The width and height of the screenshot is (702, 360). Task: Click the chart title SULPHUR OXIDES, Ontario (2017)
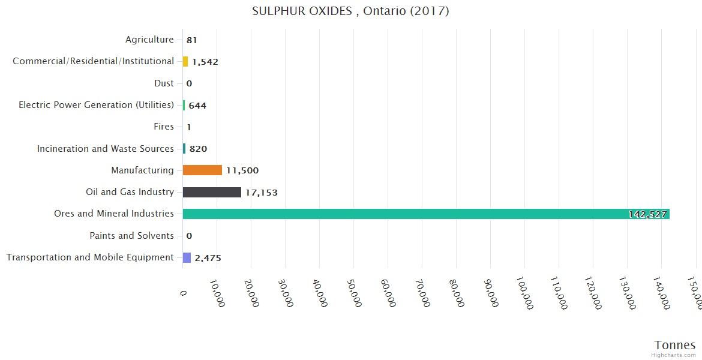click(350, 11)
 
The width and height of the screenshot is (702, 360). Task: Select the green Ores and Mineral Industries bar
click(426, 214)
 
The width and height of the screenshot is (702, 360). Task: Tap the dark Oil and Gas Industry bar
click(212, 192)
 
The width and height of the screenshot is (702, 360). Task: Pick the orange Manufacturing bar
click(202, 170)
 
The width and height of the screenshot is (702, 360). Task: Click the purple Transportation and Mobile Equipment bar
click(187, 257)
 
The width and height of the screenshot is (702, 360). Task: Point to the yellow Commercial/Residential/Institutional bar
click(185, 61)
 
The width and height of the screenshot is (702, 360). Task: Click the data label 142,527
click(647, 214)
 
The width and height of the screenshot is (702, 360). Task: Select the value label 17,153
click(261, 193)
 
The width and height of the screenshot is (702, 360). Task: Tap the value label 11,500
click(242, 170)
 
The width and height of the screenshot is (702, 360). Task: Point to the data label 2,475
click(208, 258)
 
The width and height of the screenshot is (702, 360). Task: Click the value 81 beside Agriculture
click(192, 40)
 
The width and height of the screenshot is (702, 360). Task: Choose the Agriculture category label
click(149, 40)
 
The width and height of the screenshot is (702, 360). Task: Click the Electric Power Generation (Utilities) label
click(96, 105)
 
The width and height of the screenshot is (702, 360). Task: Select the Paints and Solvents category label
click(131, 236)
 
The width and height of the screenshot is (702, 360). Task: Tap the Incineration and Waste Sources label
click(105, 149)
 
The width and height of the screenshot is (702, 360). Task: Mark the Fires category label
click(164, 127)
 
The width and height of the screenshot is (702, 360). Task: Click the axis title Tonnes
click(675, 345)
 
